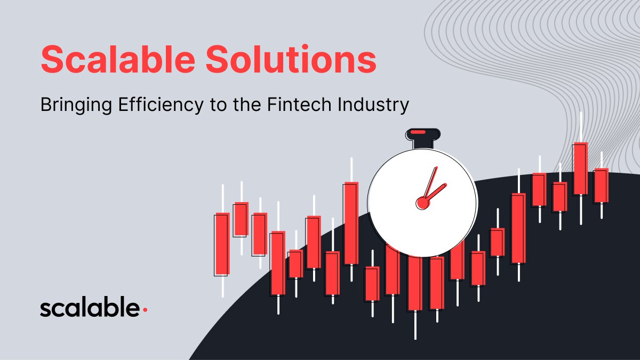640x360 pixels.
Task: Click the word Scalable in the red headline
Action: tap(118, 59)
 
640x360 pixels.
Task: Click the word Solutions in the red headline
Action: tap(291, 59)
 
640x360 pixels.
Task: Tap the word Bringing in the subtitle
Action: tap(76, 105)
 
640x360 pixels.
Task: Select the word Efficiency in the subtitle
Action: tap(161, 105)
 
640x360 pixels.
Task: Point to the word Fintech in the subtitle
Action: tap(299, 105)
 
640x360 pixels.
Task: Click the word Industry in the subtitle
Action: tap(373, 105)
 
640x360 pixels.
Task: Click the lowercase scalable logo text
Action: tap(90, 307)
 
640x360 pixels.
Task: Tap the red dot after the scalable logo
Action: tap(145, 310)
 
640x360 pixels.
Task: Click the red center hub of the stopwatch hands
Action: tap(422, 203)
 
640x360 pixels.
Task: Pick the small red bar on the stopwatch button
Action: tap(418, 132)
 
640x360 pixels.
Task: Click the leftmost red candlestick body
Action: tap(222, 243)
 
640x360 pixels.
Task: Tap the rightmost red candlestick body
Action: tap(602, 185)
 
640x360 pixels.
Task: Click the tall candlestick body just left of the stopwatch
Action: tap(351, 223)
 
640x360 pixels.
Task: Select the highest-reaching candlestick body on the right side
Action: tap(581, 169)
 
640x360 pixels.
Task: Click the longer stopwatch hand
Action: tap(430, 182)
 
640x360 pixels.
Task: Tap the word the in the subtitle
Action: tap(247, 105)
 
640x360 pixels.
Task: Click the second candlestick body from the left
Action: tap(242, 219)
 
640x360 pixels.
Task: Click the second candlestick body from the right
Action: tap(581, 169)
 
